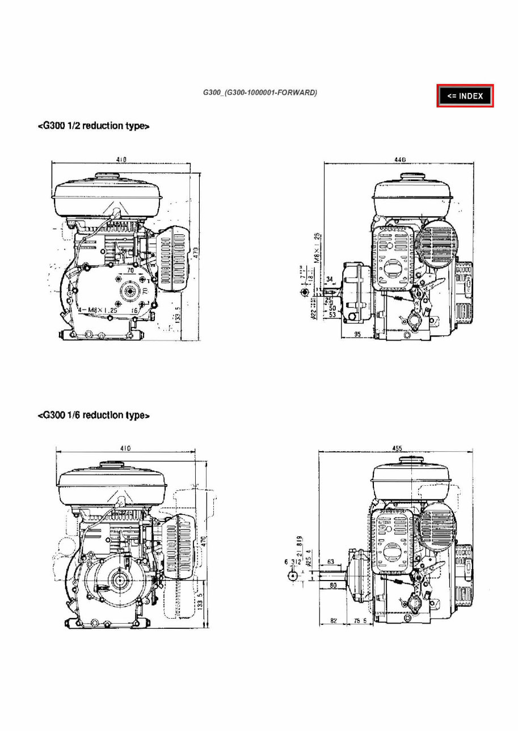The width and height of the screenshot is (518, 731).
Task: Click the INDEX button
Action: click(x=465, y=96)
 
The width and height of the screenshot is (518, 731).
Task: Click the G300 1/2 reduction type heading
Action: click(x=93, y=126)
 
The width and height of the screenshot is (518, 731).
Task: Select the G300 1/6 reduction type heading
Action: click(x=93, y=415)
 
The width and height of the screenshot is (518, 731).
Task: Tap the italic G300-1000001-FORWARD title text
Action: click(x=260, y=93)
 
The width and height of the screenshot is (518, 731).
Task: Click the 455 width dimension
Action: click(x=397, y=448)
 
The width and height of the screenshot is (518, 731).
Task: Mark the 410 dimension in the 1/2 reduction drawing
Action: click(x=121, y=160)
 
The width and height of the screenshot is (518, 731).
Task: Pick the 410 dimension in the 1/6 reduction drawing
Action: click(x=125, y=448)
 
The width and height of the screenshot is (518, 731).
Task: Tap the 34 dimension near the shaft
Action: click(x=331, y=279)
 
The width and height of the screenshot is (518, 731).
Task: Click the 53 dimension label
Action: click(x=332, y=314)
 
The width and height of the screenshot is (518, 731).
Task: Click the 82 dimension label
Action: click(x=334, y=621)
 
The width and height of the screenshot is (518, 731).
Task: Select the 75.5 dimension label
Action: click(x=359, y=621)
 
